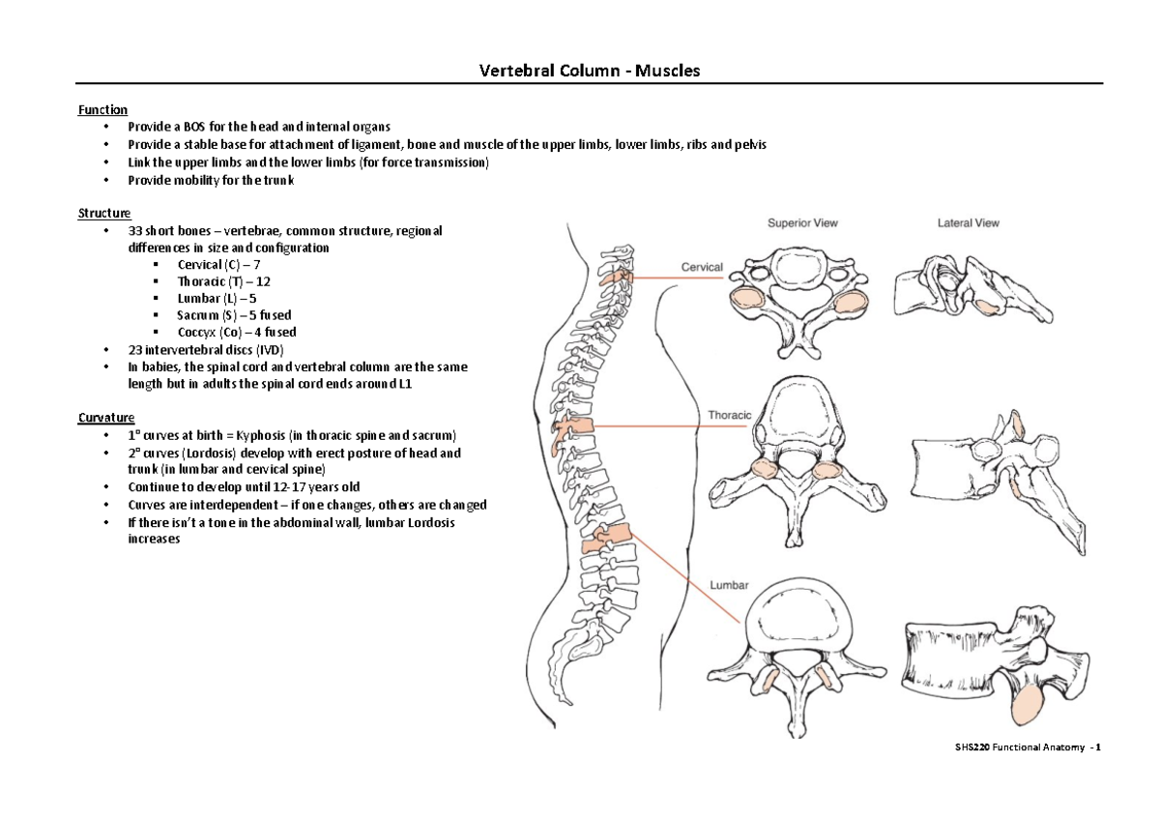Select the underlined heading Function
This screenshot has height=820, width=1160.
(102, 110)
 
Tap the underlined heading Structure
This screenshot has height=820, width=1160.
(104, 213)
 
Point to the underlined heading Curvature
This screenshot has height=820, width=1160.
(105, 418)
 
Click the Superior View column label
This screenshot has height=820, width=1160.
(802, 222)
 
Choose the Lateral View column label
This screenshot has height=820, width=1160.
(968, 222)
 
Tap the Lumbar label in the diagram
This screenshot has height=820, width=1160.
(730, 585)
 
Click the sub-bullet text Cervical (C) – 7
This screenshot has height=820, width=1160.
(218, 265)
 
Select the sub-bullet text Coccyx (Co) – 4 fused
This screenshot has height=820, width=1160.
(237, 332)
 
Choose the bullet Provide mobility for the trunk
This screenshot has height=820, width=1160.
(211, 180)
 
